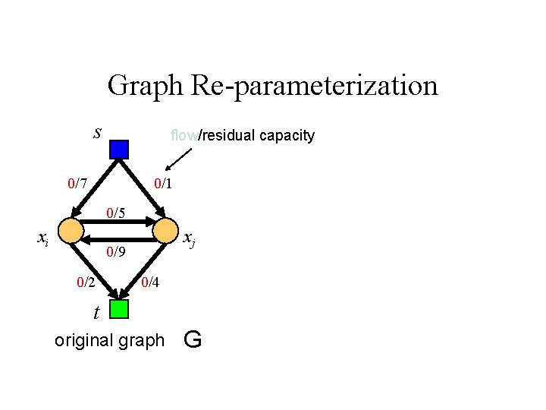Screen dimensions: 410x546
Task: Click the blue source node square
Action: (119, 149)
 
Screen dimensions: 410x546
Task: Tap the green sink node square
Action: (119, 309)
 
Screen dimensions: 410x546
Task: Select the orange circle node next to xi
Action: (71, 230)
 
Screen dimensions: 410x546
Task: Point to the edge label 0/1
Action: (163, 183)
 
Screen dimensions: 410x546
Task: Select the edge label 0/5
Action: (115, 213)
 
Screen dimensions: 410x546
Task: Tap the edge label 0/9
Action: (116, 251)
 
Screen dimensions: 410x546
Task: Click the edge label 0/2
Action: (86, 282)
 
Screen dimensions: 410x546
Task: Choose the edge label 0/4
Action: (150, 282)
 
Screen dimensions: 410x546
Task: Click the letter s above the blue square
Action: (97, 133)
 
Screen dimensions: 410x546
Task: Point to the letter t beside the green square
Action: (96, 311)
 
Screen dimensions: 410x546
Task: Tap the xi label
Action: (44, 238)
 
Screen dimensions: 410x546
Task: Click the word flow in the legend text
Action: (184, 136)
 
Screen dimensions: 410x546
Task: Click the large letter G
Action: (193, 339)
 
